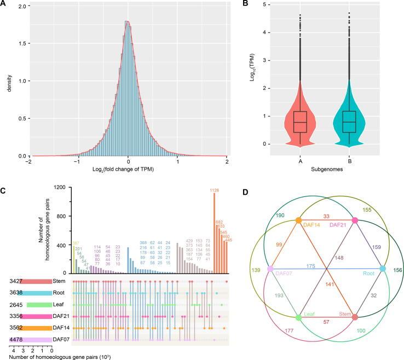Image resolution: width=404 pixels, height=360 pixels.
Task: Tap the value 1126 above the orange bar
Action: point(213,190)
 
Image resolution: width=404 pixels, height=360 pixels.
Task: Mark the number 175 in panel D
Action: point(326,266)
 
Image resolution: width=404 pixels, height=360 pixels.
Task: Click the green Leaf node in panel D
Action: point(298,317)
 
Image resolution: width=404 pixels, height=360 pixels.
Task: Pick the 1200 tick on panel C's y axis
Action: point(46,188)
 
